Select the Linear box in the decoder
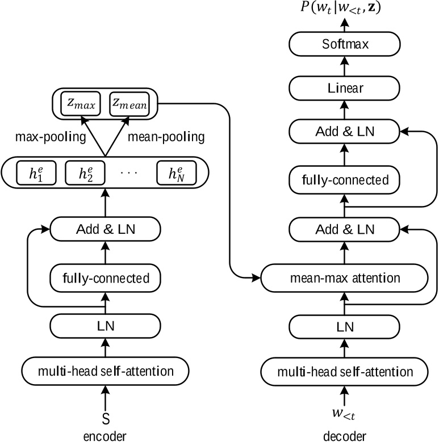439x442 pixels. coord(344,88)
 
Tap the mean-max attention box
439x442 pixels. coord(344,279)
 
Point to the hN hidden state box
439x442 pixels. coord(174,174)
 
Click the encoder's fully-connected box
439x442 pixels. coord(105,279)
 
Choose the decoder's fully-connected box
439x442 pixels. coord(344,180)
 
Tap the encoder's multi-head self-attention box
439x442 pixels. coord(105,371)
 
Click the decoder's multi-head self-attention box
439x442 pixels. coord(344,371)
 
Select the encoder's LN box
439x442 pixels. coord(105,326)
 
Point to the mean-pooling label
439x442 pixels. coord(166,138)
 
